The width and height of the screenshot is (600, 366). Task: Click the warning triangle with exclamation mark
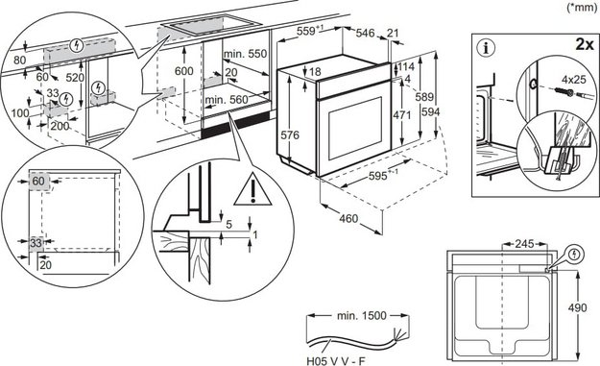[x=252, y=189]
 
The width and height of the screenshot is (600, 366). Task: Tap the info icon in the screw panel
[x=487, y=49]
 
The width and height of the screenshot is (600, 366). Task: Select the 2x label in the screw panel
[x=585, y=44]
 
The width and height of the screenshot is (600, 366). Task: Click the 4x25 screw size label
[x=573, y=79]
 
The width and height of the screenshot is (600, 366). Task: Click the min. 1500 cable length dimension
[x=362, y=315]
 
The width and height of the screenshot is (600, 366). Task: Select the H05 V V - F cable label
[x=336, y=360]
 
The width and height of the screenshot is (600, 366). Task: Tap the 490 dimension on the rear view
[x=577, y=307]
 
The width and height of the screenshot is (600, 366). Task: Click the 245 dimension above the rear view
[x=524, y=243]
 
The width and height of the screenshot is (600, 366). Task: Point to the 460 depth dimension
[x=348, y=219]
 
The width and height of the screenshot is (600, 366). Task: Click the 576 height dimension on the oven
[x=290, y=134]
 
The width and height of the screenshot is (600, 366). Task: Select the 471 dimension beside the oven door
[x=402, y=115]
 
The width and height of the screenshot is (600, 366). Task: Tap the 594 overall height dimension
[x=430, y=111]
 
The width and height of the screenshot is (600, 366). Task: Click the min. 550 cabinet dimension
[x=246, y=54]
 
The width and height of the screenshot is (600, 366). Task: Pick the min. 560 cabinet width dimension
[x=227, y=100]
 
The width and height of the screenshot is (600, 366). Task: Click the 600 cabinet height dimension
[x=184, y=71]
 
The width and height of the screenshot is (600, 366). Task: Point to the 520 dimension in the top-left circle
[x=75, y=78]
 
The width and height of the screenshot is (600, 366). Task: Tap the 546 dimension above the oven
[x=365, y=33]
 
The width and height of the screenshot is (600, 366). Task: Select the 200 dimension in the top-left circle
[x=60, y=126]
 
